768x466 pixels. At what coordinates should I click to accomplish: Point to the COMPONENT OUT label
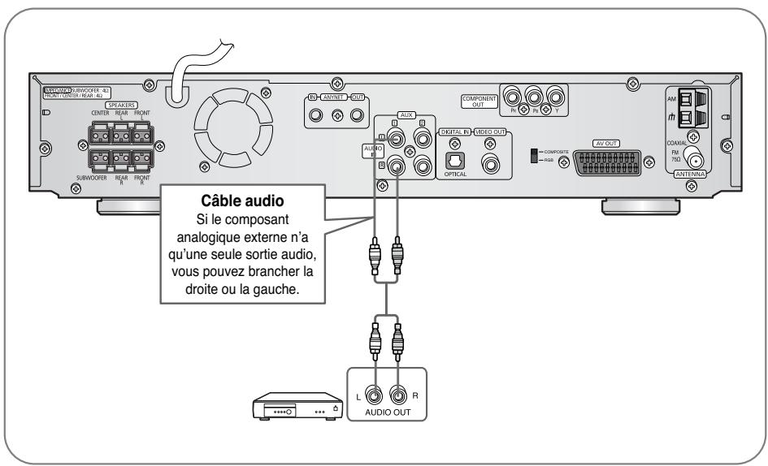coord(479,101)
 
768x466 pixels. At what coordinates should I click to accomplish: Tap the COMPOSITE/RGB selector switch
coord(533,155)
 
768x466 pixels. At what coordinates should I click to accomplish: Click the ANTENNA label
coord(690,175)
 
